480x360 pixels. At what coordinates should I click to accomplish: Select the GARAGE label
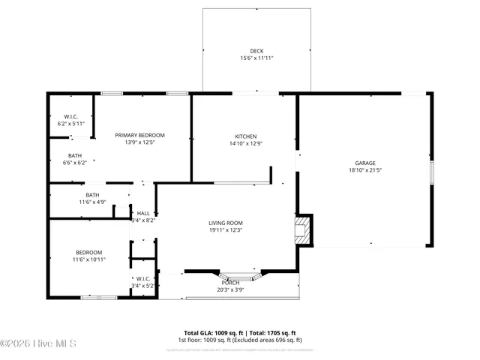click(x=365, y=163)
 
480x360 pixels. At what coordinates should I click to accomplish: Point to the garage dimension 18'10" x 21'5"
click(x=365, y=170)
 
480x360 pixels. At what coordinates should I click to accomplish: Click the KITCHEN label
click(x=246, y=136)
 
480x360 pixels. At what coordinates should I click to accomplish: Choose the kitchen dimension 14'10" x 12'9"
click(x=246, y=143)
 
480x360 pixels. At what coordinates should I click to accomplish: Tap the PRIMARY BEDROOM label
click(x=139, y=135)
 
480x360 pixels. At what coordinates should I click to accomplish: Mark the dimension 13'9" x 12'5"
click(x=139, y=142)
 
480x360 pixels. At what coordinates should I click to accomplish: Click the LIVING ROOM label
click(x=226, y=223)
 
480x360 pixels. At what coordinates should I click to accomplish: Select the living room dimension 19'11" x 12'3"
click(x=226, y=230)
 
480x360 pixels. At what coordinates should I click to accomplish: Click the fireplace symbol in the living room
click(x=302, y=229)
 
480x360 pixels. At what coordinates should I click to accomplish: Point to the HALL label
click(x=143, y=213)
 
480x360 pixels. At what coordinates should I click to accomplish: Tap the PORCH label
click(x=231, y=282)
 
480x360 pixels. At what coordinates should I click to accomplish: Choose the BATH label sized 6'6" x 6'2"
click(x=75, y=155)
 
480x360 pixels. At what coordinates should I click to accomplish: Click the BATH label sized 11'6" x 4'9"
click(x=92, y=194)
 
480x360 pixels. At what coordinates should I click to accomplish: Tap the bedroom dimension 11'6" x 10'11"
click(x=88, y=259)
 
